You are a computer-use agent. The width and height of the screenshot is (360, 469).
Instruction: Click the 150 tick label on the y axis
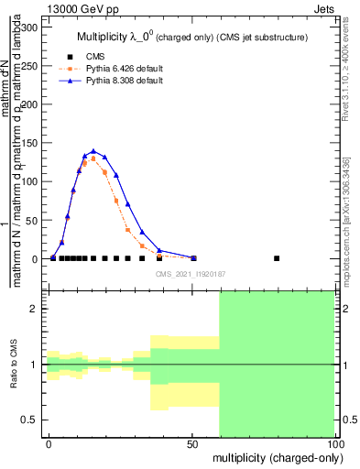(x=29, y=143)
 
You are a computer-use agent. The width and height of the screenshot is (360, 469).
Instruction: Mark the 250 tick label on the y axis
(x=29, y=66)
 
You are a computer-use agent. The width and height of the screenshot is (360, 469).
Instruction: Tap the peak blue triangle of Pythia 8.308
(x=93, y=151)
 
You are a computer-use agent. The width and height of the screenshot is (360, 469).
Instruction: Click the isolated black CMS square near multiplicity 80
(x=277, y=258)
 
